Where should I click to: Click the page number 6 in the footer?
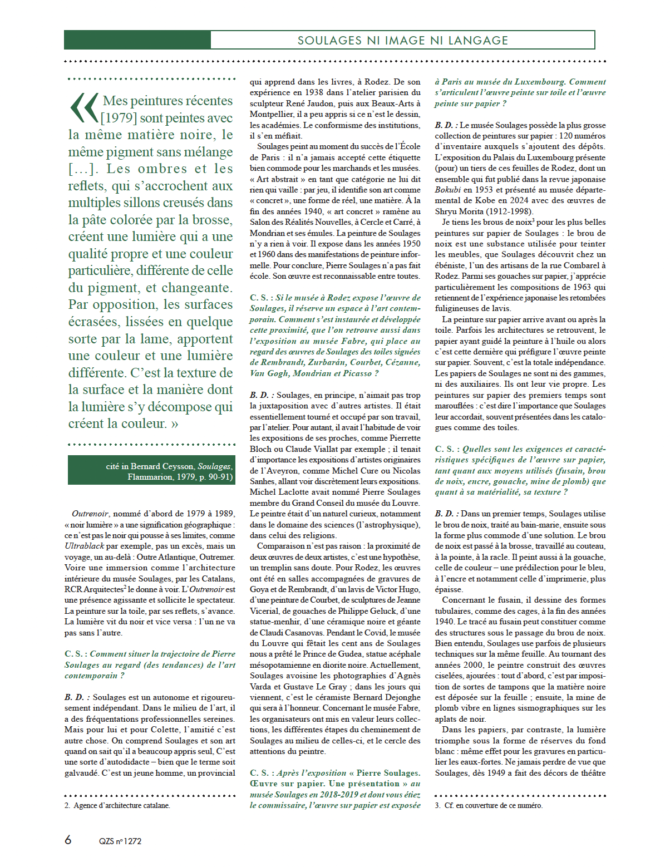[x=68, y=840]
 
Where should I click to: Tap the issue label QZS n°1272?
[x=120, y=841]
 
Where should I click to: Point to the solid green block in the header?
[x=137, y=40]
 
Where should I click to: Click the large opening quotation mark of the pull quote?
[x=84, y=108]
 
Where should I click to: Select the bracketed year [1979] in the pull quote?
[x=119, y=118]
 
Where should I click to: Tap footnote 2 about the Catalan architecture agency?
[x=121, y=805]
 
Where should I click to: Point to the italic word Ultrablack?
[x=84, y=546]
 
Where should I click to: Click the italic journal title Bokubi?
[x=448, y=190]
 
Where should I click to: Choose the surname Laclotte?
[x=298, y=492]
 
